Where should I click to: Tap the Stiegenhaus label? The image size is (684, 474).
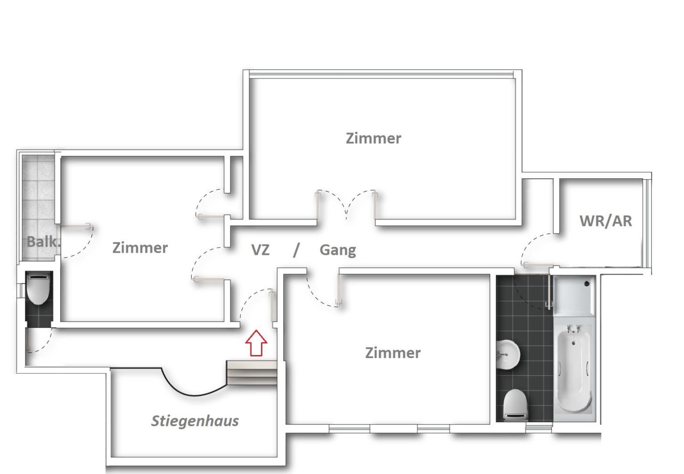click(195, 421)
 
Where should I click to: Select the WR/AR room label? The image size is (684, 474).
click(605, 221)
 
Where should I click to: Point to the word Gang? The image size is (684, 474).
click(338, 251)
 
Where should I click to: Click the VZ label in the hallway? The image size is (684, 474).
click(260, 250)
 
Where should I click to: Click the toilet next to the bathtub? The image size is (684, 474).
click(515, 405)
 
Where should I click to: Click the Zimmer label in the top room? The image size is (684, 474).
click(373, 138)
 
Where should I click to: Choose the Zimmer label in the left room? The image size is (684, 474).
click(140, 248)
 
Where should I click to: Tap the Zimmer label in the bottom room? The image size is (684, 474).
click(393, 353)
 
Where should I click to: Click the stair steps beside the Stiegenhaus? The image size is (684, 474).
click(251, 373)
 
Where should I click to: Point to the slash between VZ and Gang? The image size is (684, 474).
click(296, 250)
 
